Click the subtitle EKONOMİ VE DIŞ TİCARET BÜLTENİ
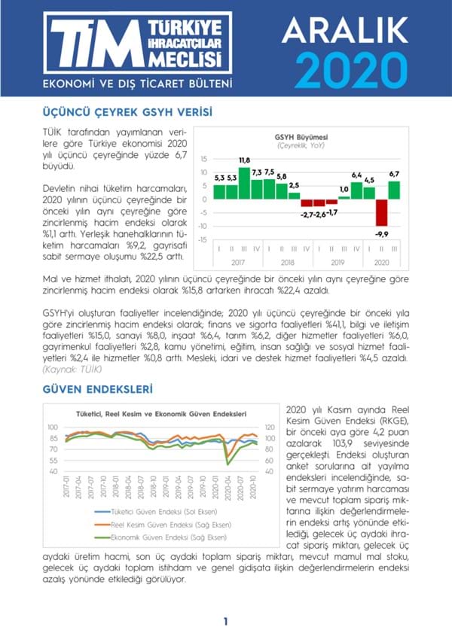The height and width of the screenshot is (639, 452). tap(136, 82)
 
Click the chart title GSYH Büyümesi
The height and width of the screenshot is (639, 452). tap(299, 136)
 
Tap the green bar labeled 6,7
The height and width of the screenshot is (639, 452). tap(394, 190)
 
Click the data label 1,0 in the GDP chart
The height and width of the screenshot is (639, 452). tap(344, 189)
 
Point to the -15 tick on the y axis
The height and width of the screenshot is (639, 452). tap(202, 240)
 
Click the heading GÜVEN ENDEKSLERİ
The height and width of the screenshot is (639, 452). tap(98, 390)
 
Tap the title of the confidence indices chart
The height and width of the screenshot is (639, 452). tap(160, 414)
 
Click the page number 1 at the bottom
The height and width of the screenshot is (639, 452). tap(225, 622)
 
